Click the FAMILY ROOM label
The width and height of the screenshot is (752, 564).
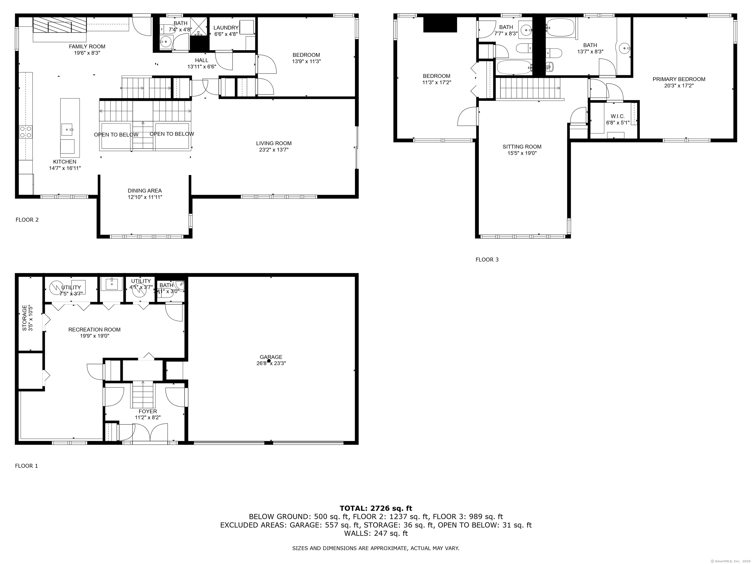pyautogui.click(x=87, y=47)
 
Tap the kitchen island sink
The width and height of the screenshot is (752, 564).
pyautogui.click(x=67, y=129)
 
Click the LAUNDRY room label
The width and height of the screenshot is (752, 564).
pyautogui.click(x=226, y=27)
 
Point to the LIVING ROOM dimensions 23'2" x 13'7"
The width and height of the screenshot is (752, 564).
pyautogui.click(x=274, y=150)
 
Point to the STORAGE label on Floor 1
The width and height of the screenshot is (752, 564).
pyautogui.click(x=24, y=318)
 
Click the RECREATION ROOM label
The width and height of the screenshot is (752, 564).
pyautogui.click(x=94, y=329)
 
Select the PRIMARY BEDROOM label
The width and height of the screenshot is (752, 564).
pyautogui.click(x=679, y=79)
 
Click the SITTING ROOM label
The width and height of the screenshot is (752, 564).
pyautogui.click(x=522, y=147)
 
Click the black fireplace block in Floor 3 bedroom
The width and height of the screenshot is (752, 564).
pyautogui.click(x=440, y=24)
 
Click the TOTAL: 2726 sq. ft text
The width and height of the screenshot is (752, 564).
pyautogui.click(x=376, y=508)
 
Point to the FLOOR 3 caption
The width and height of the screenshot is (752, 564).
pyautogui.click(x=487, y=260)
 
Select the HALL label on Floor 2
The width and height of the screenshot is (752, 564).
pyautogui.click(x=202, y=60)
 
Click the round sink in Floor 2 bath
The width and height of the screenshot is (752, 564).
pyautogui.click(x=165, y=42)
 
